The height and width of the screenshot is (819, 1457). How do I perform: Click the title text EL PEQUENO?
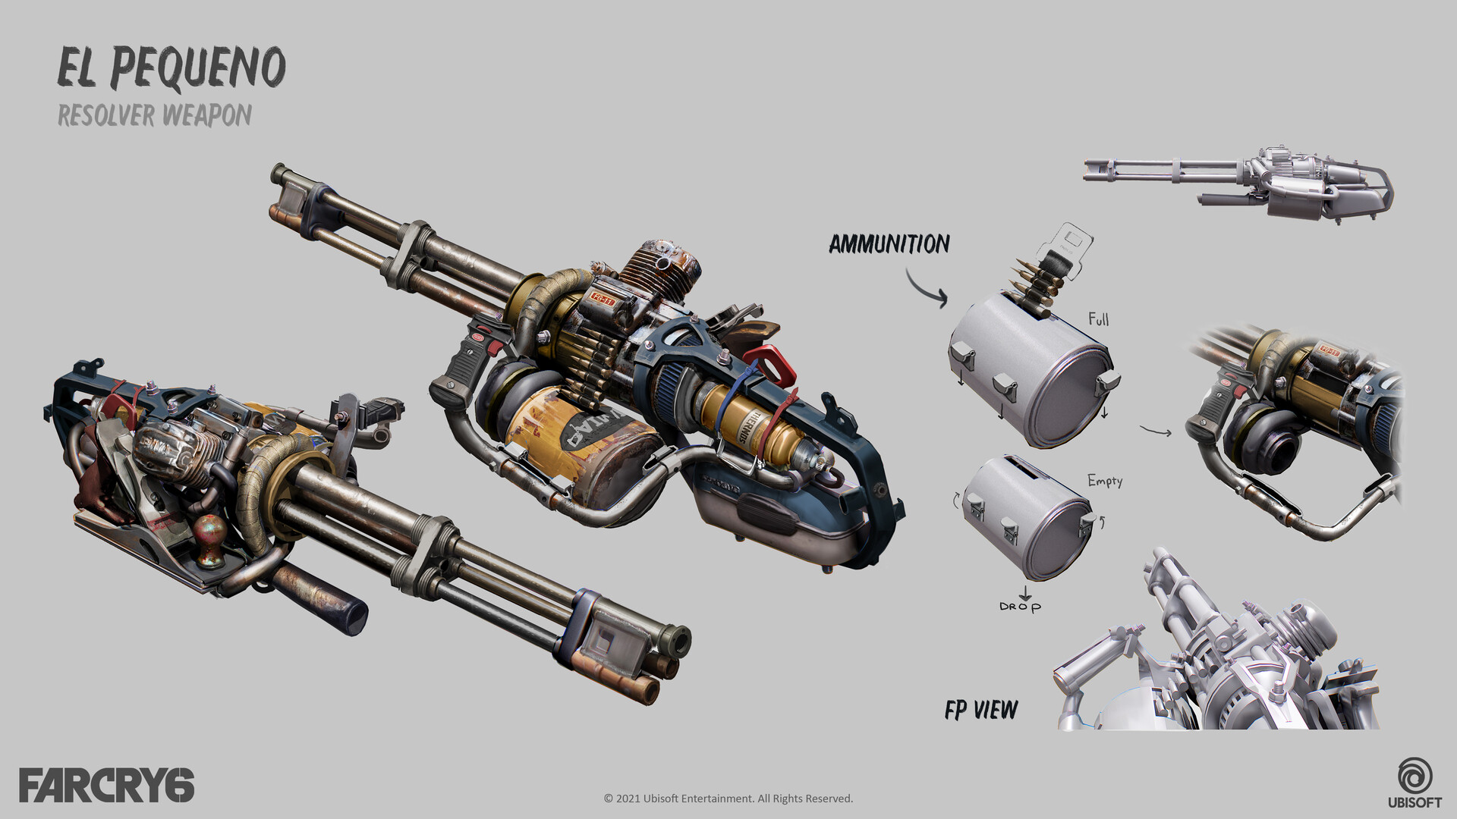(172, 68)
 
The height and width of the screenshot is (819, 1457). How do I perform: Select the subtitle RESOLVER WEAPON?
(155, 115)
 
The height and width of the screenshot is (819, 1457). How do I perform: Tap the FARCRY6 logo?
(106, 785)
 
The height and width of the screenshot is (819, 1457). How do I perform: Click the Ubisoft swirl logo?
(1415, 777)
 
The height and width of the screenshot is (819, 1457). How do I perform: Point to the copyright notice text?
(728, 799)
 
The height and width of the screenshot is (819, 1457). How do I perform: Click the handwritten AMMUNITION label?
(889, 244)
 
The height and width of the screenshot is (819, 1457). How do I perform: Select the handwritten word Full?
(1098, 319)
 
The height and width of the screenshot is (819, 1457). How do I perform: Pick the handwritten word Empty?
(1104, 481)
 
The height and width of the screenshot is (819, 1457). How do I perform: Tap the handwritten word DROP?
(1020, 607)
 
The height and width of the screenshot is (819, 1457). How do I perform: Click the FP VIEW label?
(980, 711)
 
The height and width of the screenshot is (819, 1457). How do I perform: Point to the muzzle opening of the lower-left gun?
(676, 642)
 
